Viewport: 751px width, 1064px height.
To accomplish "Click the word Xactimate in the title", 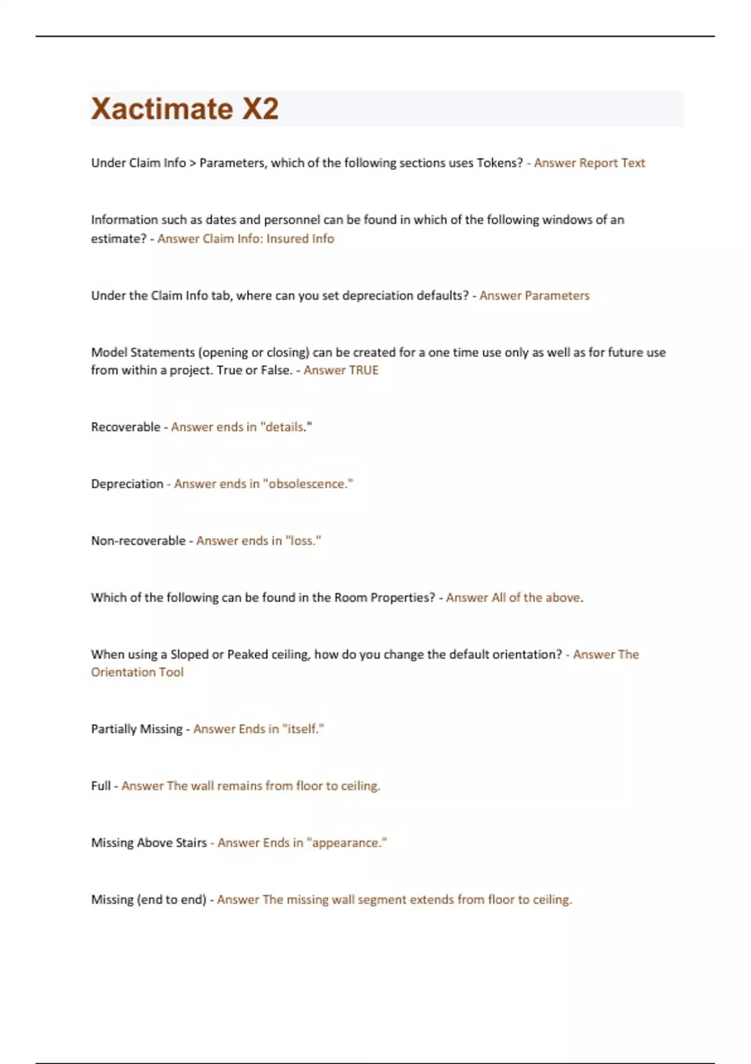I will (x=161, y=109).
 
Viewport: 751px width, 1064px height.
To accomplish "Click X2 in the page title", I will (x=260, y=109).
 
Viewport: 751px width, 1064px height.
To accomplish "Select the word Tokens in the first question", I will (x=499, y=163).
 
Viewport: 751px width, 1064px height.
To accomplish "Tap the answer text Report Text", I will (x=611, y=163).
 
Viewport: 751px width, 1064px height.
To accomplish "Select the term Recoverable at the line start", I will (x=126, y=427).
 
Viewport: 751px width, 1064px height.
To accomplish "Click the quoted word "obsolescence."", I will (x=308, y=484).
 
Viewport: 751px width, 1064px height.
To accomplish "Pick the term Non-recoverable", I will (x=138, y=541).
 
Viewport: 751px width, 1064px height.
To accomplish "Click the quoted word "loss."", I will (x=303, y=541).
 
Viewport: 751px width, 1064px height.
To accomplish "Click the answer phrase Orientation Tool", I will (x=137, y=672).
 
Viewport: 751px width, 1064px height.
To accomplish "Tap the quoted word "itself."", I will (x=303, y=729).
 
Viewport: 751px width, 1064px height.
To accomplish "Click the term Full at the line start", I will (x=101, y=786).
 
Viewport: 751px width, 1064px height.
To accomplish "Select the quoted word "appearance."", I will (x=347, y=843).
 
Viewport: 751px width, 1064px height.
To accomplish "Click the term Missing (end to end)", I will (x=148, y=900).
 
